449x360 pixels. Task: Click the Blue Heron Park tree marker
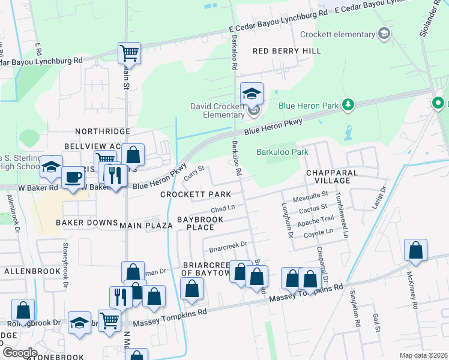click(348, 105)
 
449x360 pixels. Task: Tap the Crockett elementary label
click(337, 35)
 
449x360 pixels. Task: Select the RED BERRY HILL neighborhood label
click(287, 52)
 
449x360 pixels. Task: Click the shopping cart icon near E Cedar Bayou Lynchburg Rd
click(129, 53)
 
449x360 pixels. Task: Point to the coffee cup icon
click(73, 177)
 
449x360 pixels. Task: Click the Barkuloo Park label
click(282, 152)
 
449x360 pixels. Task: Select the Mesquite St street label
click(310, 194)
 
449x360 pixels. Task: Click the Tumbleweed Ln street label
click(342, 215)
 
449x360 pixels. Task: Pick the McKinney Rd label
click(411, 289)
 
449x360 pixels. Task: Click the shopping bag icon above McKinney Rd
click(415, 251)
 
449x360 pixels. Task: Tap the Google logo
click(20, 352)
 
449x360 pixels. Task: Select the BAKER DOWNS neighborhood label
click(87, 223)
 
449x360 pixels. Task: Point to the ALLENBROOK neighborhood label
click(29, 271)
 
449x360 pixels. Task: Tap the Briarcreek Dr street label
click(228, 246)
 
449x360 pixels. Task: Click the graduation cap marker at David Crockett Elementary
click(252, 94)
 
